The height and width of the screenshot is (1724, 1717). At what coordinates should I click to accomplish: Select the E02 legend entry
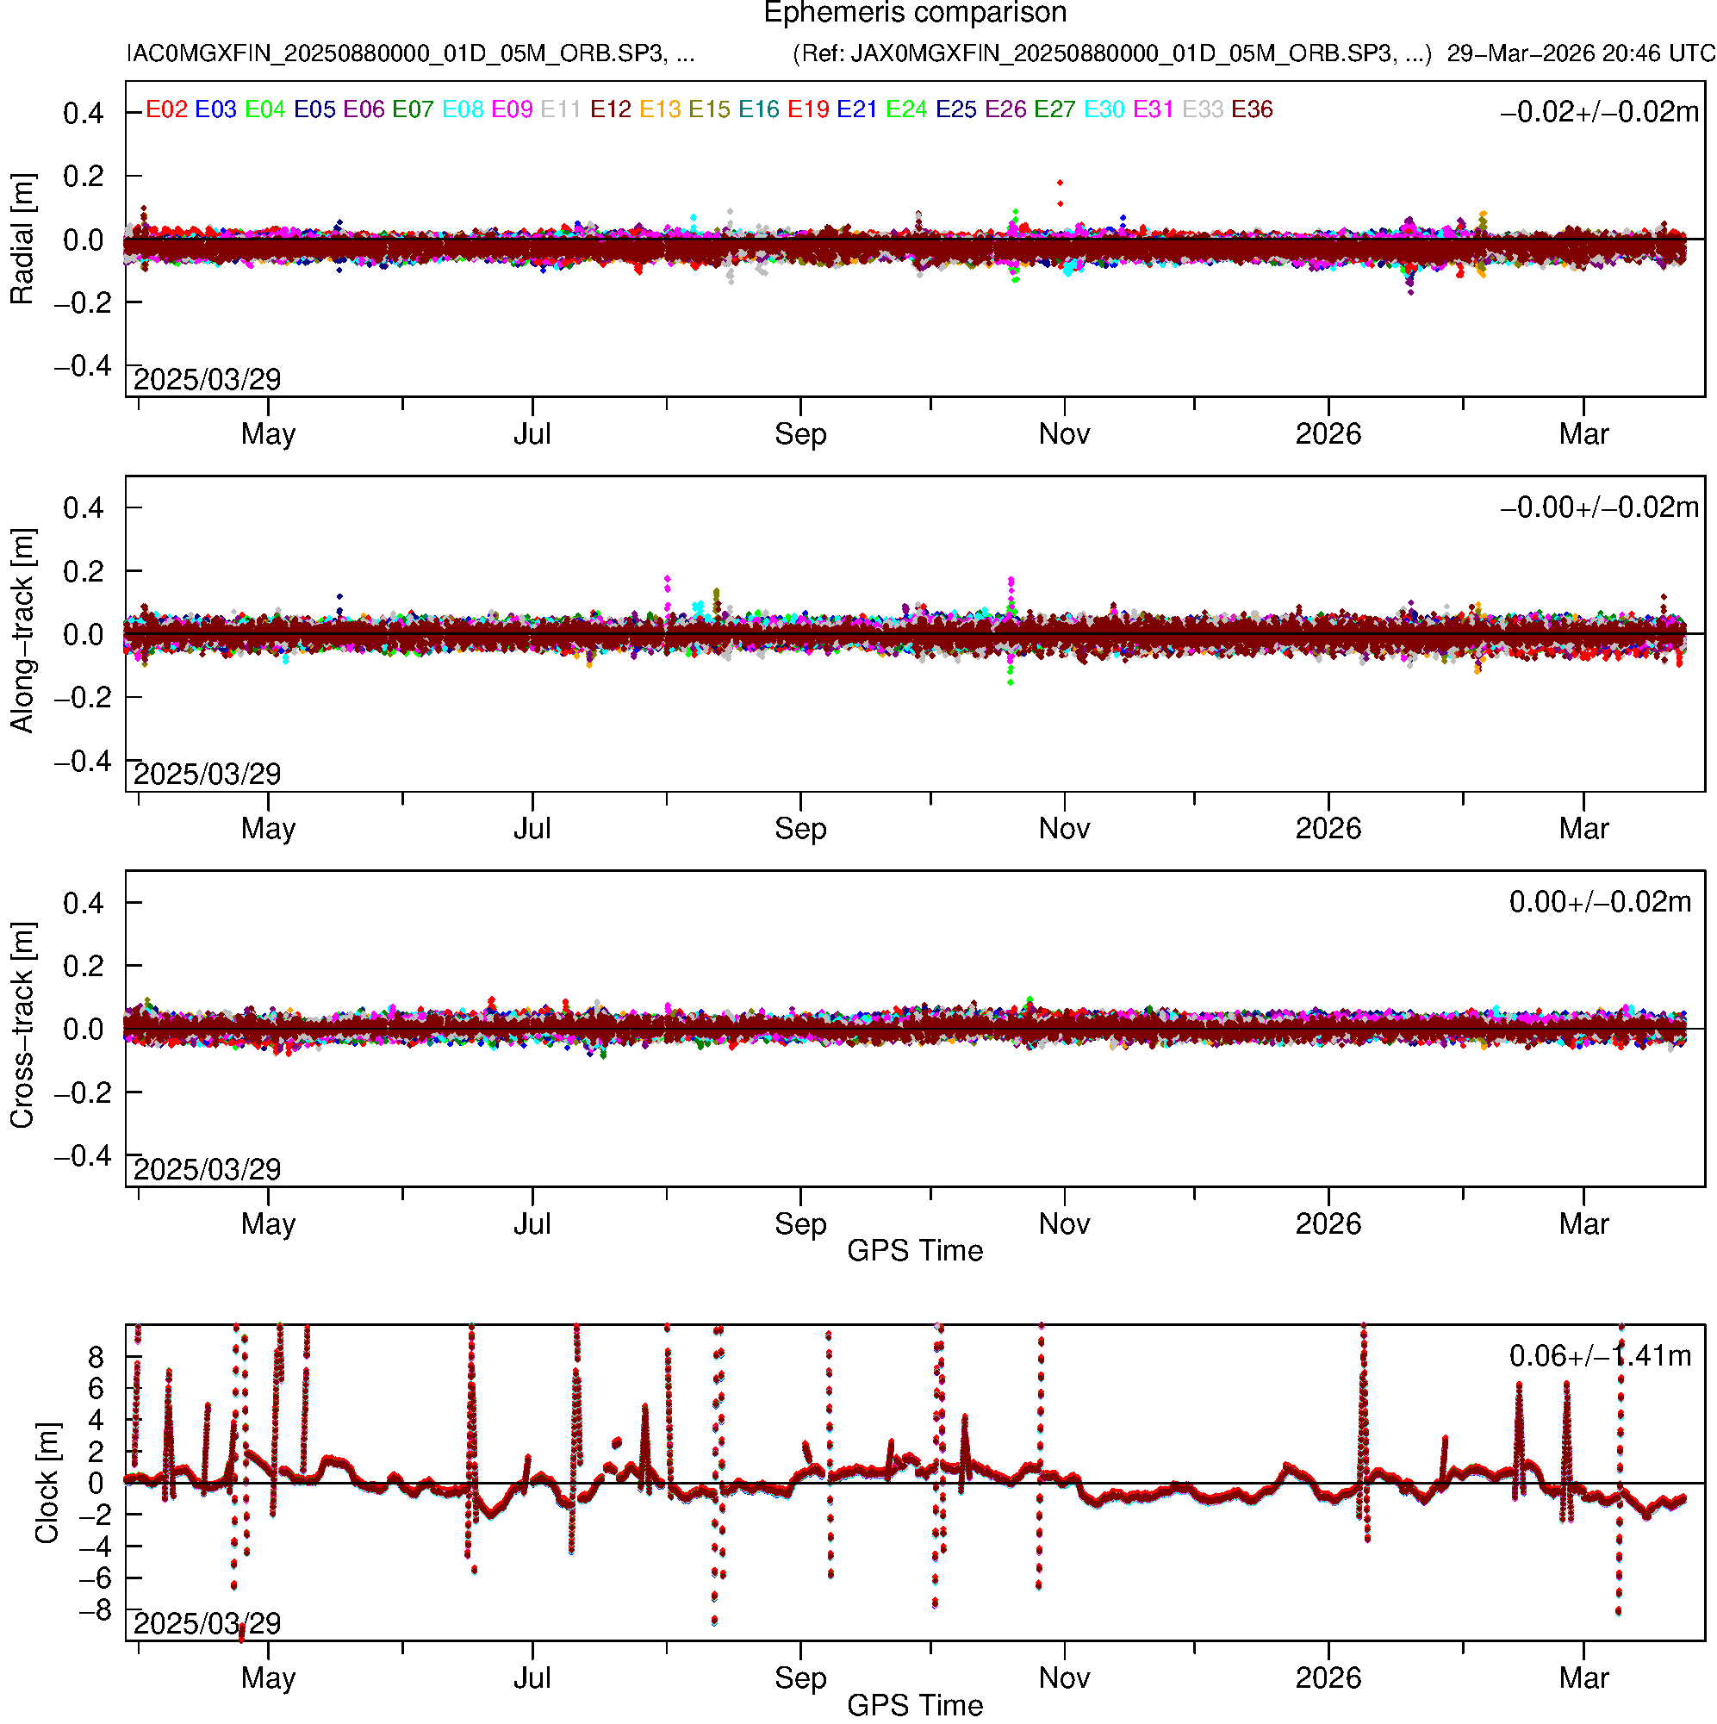click(x=166, y=109)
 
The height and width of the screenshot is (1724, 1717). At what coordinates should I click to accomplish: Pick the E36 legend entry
click(x=1251, y=109)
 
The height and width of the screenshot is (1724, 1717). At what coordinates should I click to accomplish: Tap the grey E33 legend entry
click(x=1202, y=109)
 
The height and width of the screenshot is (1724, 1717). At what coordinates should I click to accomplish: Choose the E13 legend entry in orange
click(x=660, y=109)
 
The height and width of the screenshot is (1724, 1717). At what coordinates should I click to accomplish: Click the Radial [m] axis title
click(x=22, y=240)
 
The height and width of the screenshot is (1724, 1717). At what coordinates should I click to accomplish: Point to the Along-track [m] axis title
click(x=22, y=631)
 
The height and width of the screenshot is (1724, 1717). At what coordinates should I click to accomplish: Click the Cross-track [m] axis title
click(x=22, y=1025)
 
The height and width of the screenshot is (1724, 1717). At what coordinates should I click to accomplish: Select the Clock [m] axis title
click(x=47, y=1483)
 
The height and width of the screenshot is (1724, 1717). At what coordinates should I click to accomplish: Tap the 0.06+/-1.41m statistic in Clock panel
click(x=1599, y=1356)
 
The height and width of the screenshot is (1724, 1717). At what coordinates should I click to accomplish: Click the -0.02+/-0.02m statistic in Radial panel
click(x=1599, y=112)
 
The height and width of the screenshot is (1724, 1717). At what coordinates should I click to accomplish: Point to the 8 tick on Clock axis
click(x=96, y=1358)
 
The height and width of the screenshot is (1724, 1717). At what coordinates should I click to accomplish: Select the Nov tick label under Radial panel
click(x=1064, y=434)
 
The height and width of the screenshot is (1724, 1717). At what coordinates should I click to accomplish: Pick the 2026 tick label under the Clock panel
click(x=1328, y=1678)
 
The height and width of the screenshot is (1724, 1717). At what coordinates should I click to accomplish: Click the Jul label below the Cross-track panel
click(x=532, y=1224)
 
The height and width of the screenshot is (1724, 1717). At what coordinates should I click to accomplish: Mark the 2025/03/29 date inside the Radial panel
click(x=207, y=380)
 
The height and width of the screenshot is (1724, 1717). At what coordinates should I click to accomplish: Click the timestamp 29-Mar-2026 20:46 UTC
click(x=1581, y=53)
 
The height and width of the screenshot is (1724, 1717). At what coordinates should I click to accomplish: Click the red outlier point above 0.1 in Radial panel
click(x=1061, y=183)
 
